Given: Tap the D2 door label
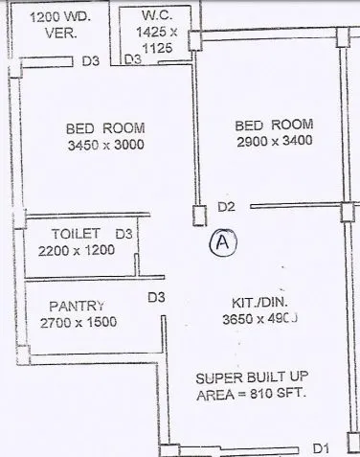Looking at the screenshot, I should tap(226, 207).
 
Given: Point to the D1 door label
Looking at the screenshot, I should tap(322, 446).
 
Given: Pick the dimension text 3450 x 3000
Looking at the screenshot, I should tap(105, 146).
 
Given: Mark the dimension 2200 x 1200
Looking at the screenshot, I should tap(77, 250).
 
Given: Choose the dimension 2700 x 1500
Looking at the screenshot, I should tap(79, 322).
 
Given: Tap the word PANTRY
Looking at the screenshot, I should tap(76, 306).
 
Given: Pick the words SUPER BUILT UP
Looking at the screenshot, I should tap(251, 377).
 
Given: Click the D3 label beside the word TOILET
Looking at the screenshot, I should tap(124, 233).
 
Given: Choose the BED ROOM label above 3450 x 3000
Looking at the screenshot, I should tap(105, 128).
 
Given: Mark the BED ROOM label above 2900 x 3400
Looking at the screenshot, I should tap(274, 126).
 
